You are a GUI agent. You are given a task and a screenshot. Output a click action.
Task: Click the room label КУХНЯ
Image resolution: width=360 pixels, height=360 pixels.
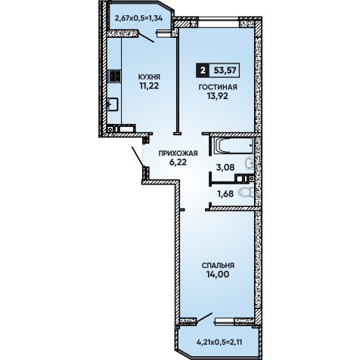[x=149, y=76]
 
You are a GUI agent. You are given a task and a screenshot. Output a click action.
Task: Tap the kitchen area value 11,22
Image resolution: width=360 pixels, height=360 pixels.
[x=149, y=86]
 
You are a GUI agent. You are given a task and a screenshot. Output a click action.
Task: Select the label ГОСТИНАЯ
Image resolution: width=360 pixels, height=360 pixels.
[x=218, y=87]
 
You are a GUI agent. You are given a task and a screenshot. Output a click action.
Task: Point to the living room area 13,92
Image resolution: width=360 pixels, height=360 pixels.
[x=218, y=96]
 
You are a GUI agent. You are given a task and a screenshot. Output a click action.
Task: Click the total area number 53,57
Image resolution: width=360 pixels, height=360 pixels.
[x=225, y=70]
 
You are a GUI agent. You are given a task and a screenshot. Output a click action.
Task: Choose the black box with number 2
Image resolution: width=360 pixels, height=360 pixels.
[x=202, y=70]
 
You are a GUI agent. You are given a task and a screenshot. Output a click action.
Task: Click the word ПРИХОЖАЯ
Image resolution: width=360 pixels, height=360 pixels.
[x=178, y=154]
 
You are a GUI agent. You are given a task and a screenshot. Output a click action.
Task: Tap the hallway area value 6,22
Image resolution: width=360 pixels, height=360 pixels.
[x=178, y=163]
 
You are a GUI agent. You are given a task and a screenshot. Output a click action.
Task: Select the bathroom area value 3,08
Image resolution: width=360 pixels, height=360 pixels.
[x=225, y=167]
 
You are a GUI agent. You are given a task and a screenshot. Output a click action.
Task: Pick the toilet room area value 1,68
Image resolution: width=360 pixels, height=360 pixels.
[x=225, y=194]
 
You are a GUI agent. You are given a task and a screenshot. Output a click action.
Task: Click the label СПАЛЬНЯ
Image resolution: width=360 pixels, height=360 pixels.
[x=218, y=265]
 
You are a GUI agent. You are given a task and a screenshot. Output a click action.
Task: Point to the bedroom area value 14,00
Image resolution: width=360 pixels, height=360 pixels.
[x=218, y=275]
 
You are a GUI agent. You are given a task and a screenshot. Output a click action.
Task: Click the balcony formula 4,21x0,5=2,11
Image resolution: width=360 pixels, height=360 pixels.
[x=219, y=343]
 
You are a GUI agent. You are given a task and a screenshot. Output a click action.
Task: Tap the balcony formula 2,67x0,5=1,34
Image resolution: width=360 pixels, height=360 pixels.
[x=138, y=18]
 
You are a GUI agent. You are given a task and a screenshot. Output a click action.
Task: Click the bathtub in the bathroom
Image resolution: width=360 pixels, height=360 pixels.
[x=232, y=146]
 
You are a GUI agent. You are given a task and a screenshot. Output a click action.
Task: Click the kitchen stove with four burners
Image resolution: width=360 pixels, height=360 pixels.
[x=114, y=76]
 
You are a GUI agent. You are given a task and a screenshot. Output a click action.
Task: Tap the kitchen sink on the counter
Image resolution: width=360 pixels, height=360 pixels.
[x=113, y=104]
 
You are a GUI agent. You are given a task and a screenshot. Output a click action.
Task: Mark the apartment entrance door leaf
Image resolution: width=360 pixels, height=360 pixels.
[x=138, y=157]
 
